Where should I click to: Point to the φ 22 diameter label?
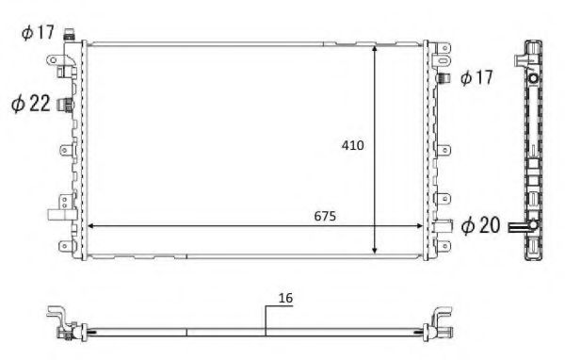(x=30, y=104)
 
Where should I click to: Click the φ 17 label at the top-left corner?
(x=38, y=34)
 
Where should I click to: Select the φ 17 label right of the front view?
(x=477, y=78)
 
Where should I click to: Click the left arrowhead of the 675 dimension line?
(x=90, y=226)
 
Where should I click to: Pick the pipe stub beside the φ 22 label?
(x=64, y=104)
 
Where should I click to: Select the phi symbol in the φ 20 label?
(x=466, y=225)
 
